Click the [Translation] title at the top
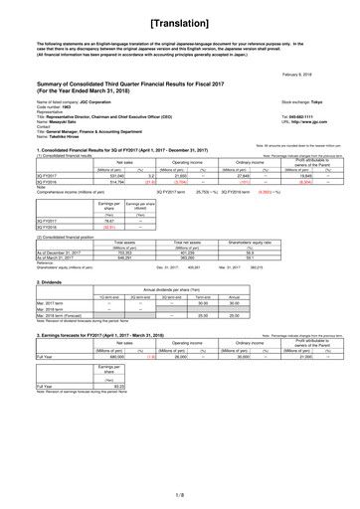[x=180, y=21]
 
